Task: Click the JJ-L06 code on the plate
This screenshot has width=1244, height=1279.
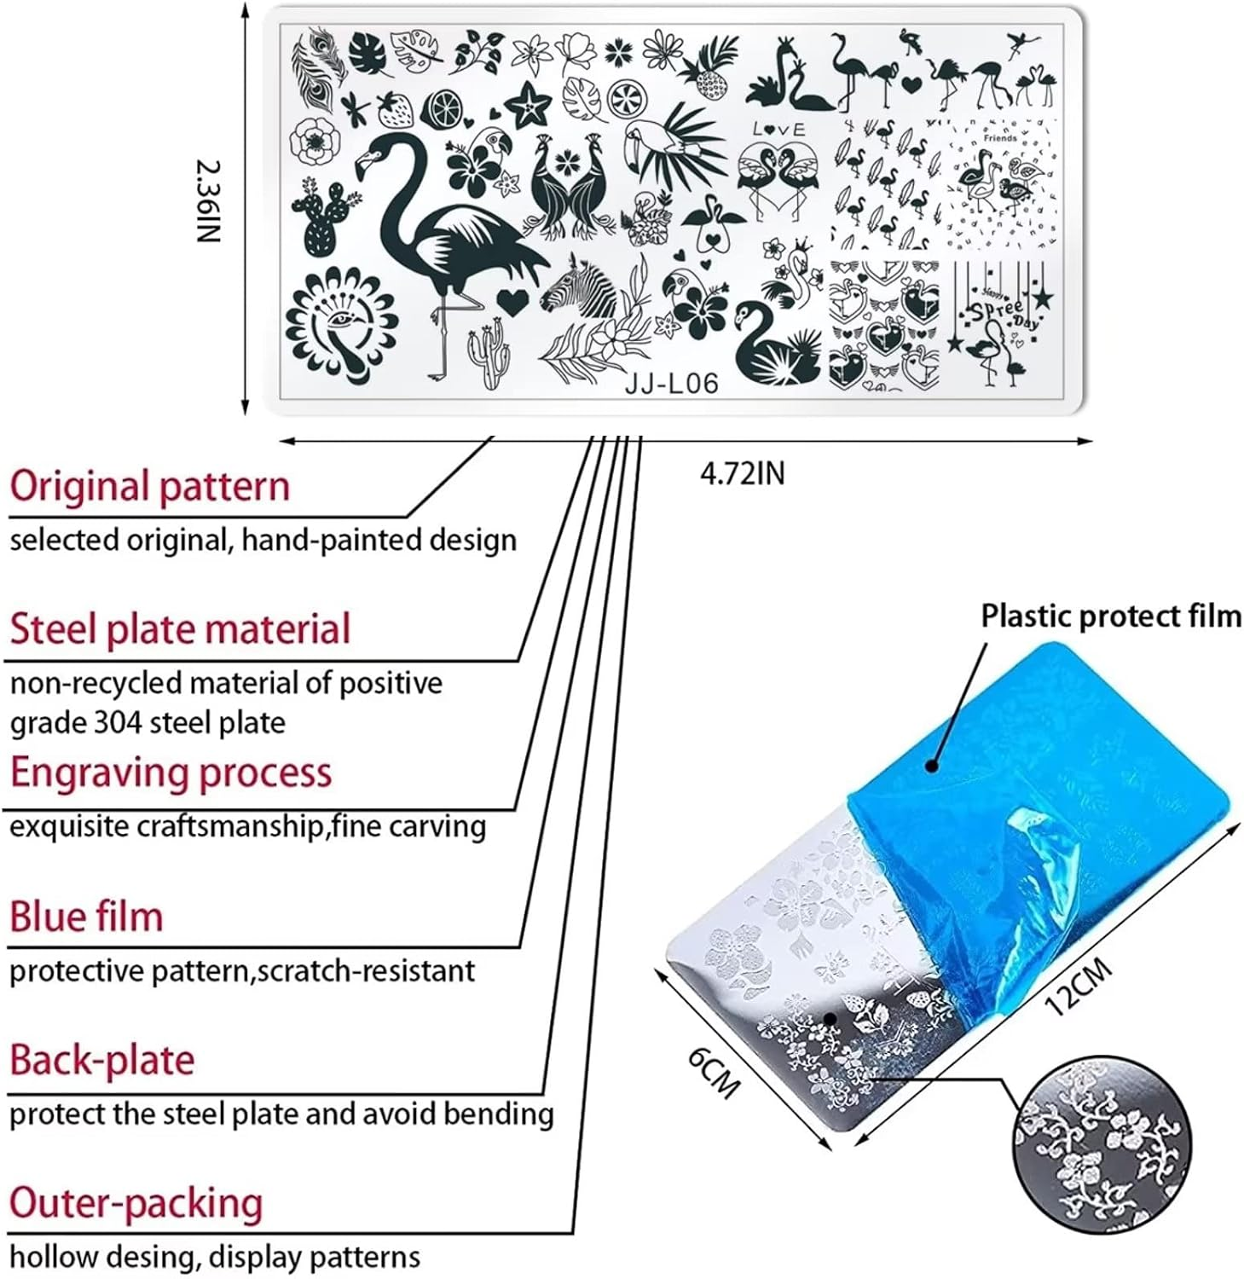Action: (671, 384)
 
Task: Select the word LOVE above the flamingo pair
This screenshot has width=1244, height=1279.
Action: (778, 129)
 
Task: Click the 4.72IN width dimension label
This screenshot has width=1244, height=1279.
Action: (742, 473)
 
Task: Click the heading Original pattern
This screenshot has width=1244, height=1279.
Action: (150, 486)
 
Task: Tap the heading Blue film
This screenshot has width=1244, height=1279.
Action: (86, 917)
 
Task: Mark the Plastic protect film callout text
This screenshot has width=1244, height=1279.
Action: (1110, 616)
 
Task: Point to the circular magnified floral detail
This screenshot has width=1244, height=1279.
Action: (1100, 1141)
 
